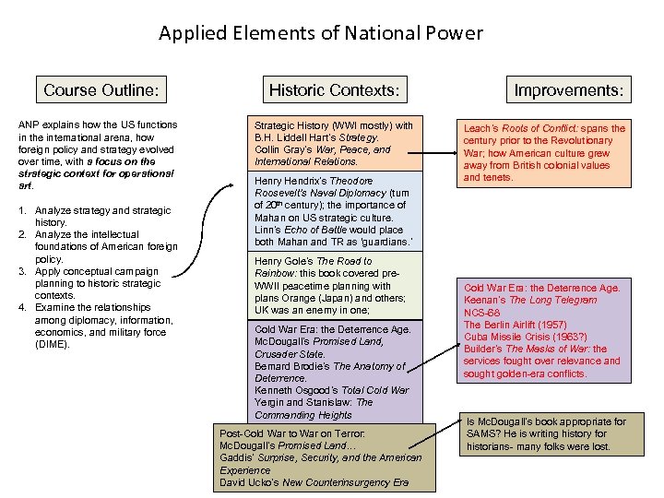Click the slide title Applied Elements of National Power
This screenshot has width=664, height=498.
point(320,34)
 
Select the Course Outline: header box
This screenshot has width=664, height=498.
point(101,89)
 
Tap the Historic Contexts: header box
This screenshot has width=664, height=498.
point(334,89)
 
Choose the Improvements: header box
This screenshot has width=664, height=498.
point(568,89)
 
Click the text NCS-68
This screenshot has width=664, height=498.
point(481,313)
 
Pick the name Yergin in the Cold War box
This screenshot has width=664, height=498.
point(270,402)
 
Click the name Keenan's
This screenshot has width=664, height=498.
point(485,301)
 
